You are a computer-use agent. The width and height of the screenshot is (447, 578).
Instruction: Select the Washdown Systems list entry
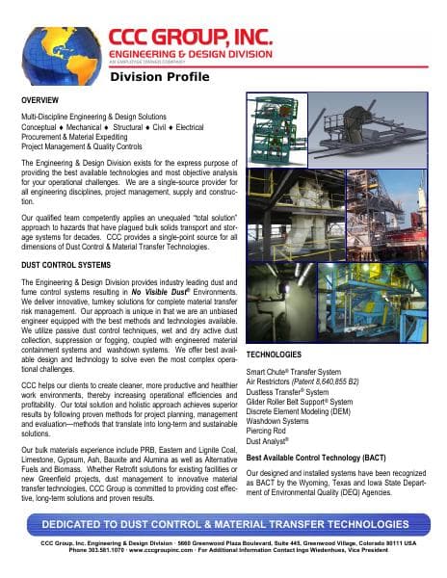pos(281,420)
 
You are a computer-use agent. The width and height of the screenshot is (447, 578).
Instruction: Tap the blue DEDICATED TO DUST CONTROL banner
pos(223,522)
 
